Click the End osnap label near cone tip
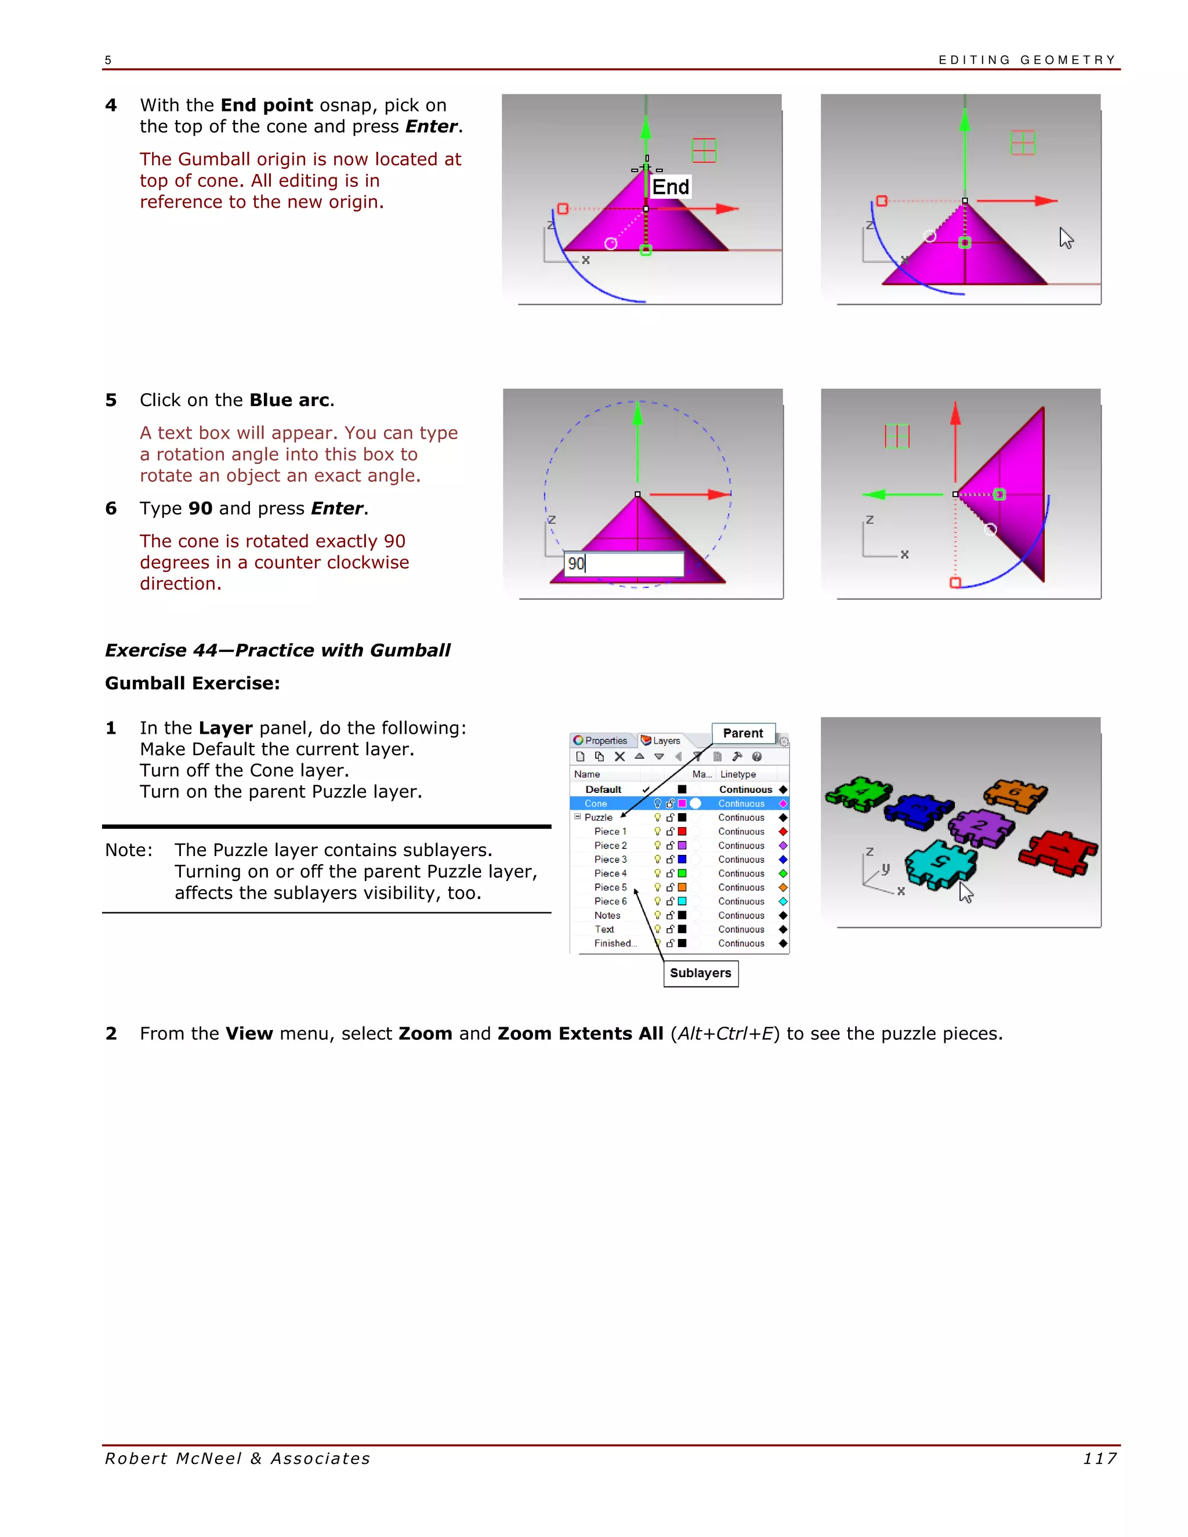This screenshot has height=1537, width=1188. pyautogui.click(x=670, y=187)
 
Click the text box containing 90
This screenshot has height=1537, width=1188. pyautogui.click(x=624, y=564)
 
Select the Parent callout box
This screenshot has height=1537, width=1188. pyautogui.click(x=742, y=733)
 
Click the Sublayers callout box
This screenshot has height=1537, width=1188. pyautogui.click(x=700, y=973)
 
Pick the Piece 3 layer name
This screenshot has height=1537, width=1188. pyautogui.click(x=610, y=860)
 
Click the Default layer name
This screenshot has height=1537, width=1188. pyautogui.click(x=603, y=789)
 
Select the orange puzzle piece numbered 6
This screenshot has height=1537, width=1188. pyautogui.click(x=1015, y=794)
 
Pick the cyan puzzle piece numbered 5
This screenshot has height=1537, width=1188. pyautogui.click(x=940, y=864)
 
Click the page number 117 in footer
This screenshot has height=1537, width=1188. pyautogui.click(x=1099, y=1459)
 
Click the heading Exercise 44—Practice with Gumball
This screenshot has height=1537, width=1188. pyautogui.click(x=277, y=650)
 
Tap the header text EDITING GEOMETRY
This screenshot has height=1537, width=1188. pyautogui.click(x=1027, y=60)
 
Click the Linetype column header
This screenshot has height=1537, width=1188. pyautogui.click(x=738, y=774)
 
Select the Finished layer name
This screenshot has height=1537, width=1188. pyautogui.click(x=614, y=944)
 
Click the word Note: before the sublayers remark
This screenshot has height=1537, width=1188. pyautogui.click(x=129, y=850)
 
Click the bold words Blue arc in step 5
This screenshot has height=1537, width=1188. pyautogui.click(x=289, y=400)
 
